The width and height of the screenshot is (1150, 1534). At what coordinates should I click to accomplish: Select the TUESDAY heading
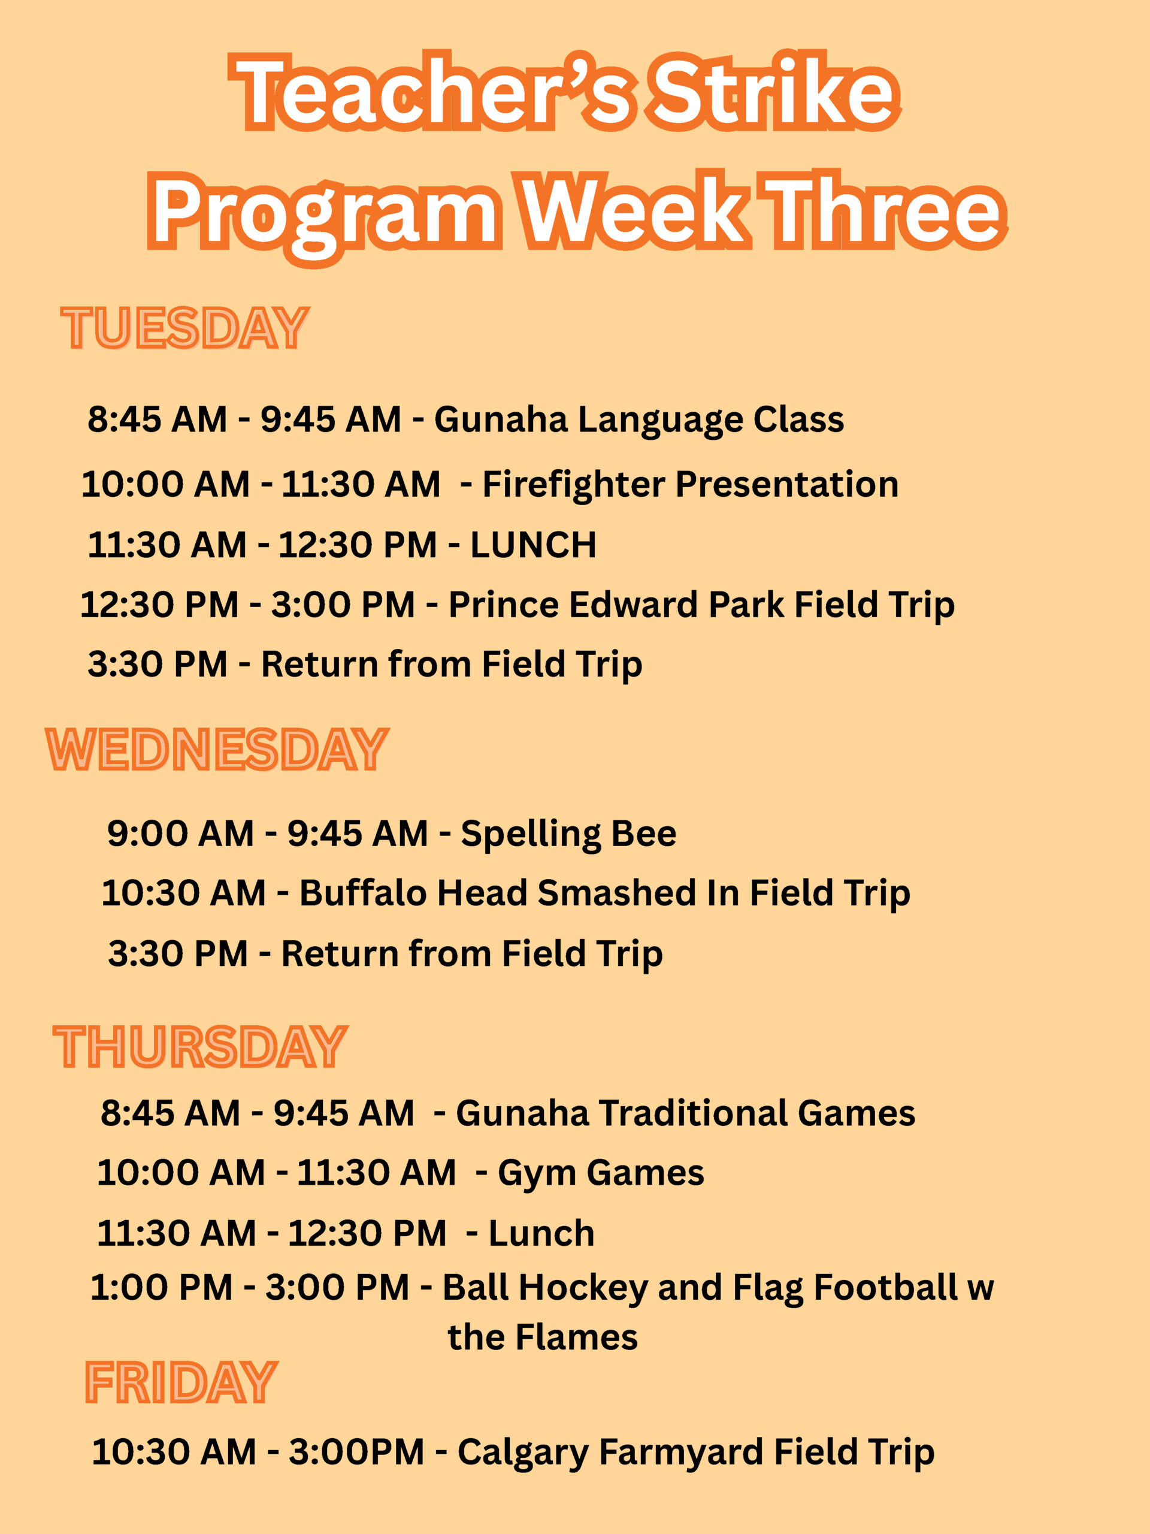185,327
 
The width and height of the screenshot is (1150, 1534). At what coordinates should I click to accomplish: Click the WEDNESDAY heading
217,749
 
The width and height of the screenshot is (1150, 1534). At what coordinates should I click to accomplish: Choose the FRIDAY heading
181,1382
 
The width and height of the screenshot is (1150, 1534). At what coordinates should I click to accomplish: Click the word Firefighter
573,485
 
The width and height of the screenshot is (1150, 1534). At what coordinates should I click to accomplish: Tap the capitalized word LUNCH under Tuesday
533,545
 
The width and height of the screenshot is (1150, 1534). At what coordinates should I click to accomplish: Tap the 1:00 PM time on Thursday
161,1288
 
